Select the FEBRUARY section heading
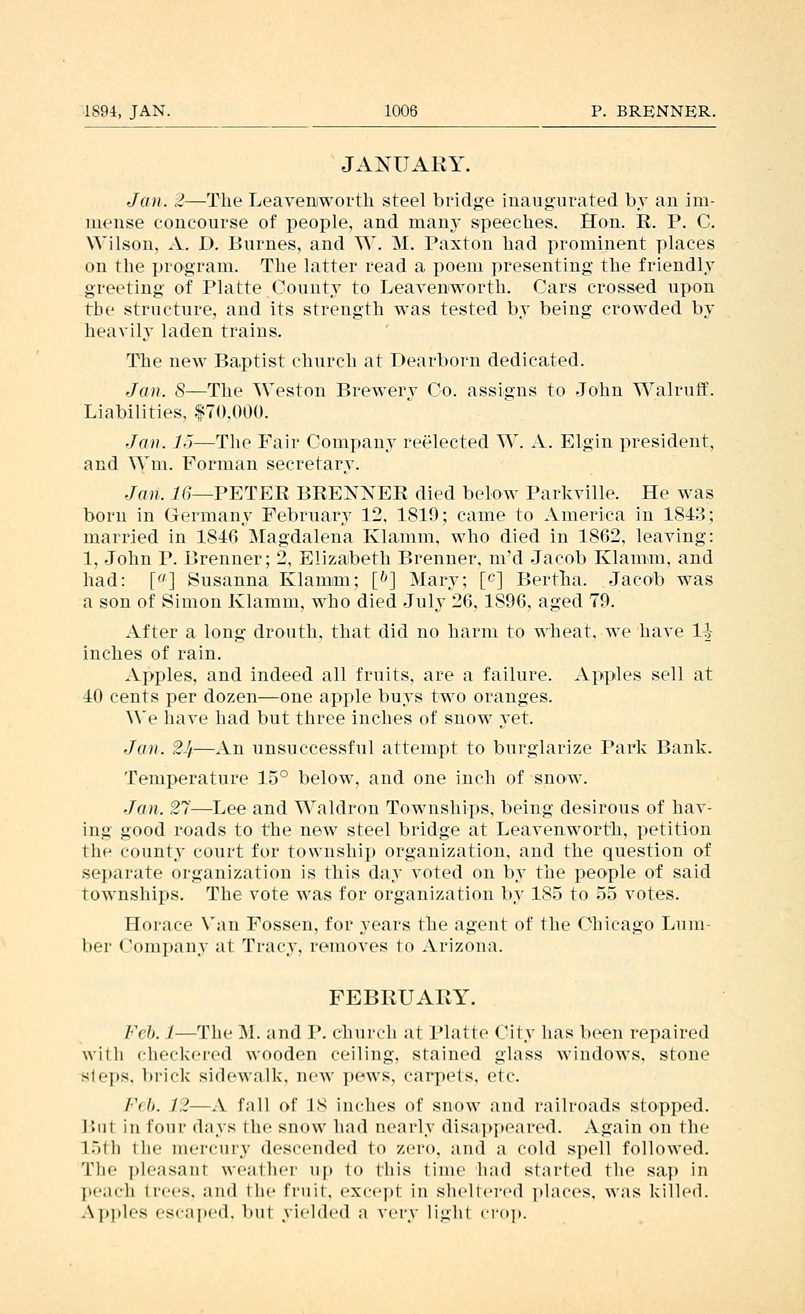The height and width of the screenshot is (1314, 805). pyautogui.click(x=402, y=997)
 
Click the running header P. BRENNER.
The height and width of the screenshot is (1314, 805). pyautogui.click(x=653, y=112)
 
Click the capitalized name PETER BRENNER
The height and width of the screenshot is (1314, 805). pyautogui.click(x=311, y=492)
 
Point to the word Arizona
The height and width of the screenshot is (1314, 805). pyautogui.click(x=462, y=947)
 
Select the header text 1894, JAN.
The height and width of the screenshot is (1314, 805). pyautogui.click(x=127, y=112)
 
